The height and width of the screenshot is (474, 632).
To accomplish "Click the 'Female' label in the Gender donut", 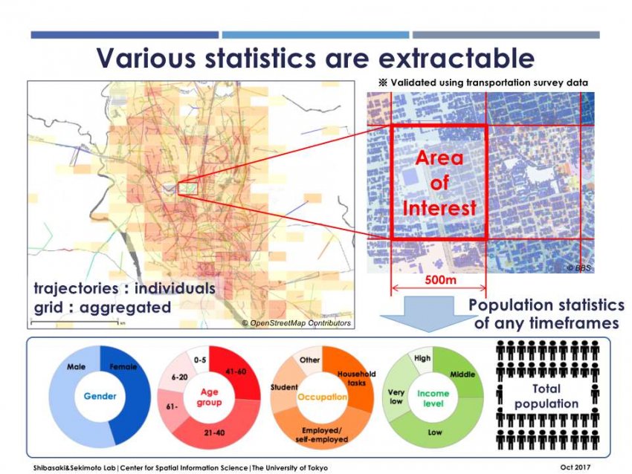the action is click(x=123, y=367).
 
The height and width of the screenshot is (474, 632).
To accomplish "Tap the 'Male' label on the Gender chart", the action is click(x=76, y=367).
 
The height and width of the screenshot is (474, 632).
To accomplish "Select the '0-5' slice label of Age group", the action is click(x=200, y=360).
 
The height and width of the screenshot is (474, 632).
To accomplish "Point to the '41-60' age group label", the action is click(x=236, y=371).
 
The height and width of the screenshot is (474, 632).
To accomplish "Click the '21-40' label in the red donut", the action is click(x=214, y=433).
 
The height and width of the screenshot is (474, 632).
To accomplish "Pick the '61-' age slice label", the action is click(x=172, y=406).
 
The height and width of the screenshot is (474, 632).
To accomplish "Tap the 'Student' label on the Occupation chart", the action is click(x=284, y=387).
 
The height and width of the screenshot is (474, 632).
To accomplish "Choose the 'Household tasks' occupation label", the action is click(x=357, y=378).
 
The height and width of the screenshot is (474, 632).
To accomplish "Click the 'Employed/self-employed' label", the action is click(x=322, y=435).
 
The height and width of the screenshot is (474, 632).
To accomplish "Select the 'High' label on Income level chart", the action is click(x=422, y=358).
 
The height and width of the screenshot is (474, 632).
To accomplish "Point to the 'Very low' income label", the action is click(x=396, y=397).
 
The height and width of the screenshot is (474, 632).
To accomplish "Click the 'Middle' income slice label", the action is click(x=462, y=374).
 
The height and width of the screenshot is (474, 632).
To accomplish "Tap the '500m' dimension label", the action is click(x=441, y=279).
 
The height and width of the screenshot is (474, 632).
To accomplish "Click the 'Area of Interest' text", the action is click(x=439, y=183).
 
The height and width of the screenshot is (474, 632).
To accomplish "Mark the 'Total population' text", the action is click(x=546, y=396).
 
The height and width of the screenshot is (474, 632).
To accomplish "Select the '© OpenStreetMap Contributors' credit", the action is click(x=297, y=323).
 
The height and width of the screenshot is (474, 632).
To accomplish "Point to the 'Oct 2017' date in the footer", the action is click(x=575, y=467).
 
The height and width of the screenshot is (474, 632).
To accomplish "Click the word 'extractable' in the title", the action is click(x=457, y=58).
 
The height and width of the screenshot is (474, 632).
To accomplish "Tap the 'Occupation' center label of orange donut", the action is click(x=322, y=397).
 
